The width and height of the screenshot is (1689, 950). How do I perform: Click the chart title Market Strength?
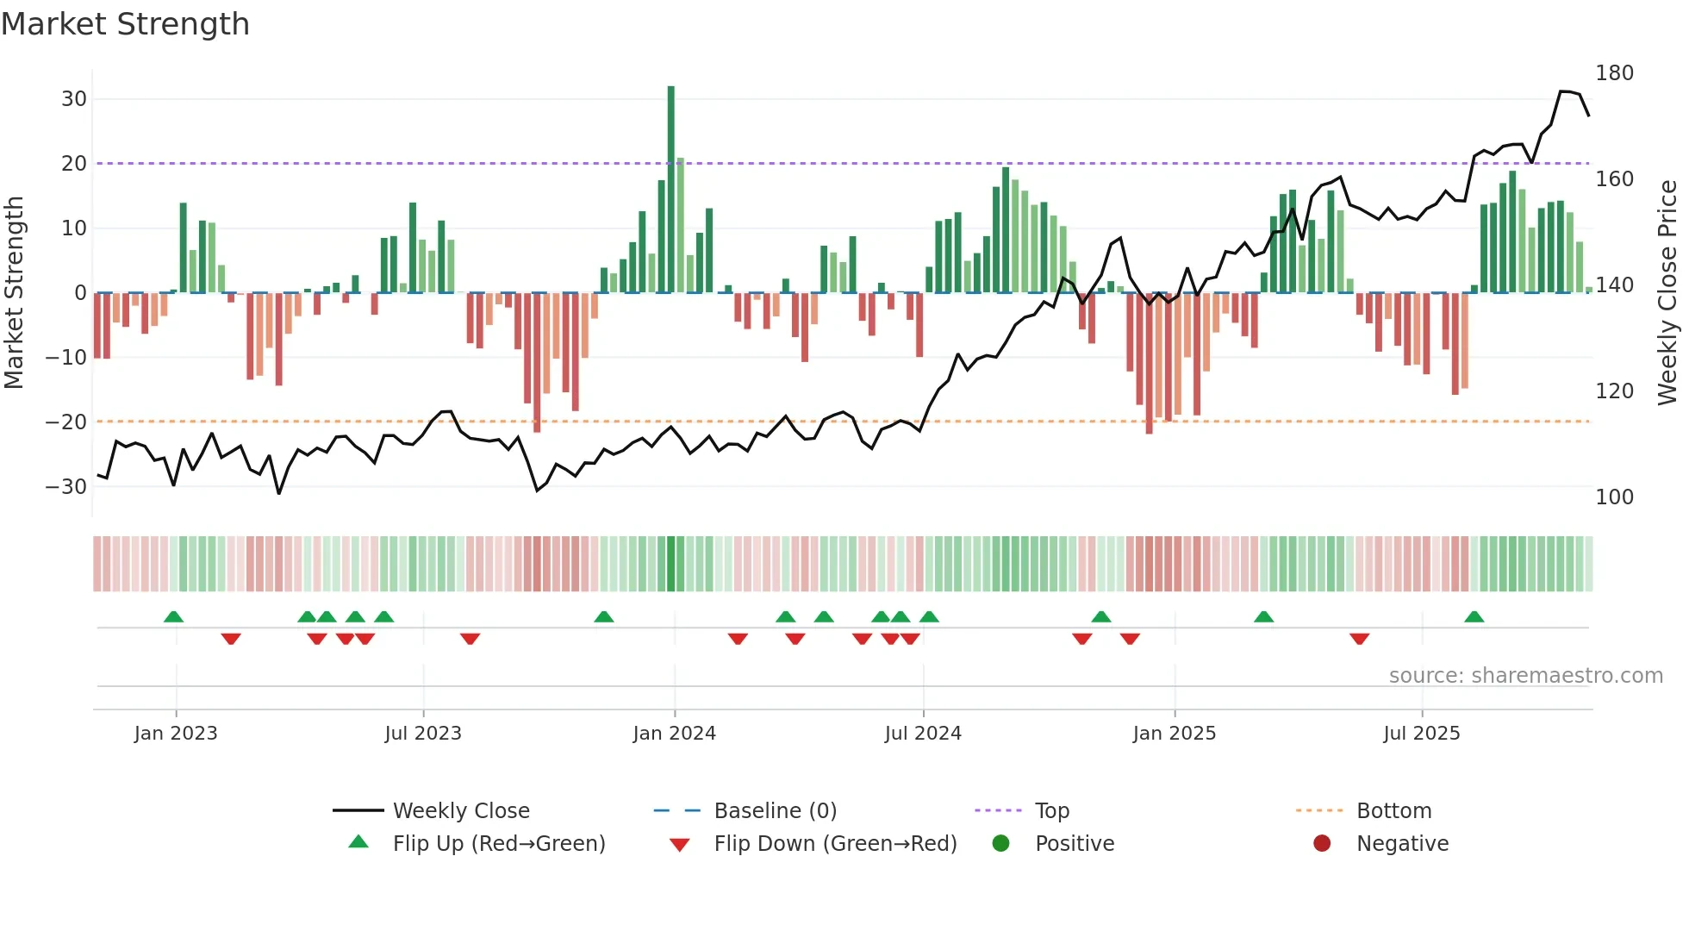coord(125,24)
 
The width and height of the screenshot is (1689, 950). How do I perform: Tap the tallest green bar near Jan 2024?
coord(670,190)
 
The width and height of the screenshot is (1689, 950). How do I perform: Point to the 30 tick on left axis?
coord(74,99)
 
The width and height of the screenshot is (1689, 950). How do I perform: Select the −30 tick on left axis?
coord(67,486)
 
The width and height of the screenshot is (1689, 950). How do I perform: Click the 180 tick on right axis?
coord(1614,73)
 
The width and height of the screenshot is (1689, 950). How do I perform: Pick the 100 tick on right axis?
coord(1614,497)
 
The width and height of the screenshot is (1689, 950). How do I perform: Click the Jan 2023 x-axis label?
coord(176,734)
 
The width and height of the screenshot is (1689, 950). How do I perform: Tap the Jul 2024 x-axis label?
coord(923,734)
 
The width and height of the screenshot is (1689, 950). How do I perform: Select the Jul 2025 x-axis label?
coord(1422,734)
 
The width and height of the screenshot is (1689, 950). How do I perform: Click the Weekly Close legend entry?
coord(461,811)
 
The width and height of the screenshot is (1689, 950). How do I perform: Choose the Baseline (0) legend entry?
coord(775,811)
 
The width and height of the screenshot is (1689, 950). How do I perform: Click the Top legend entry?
coord(1051,811)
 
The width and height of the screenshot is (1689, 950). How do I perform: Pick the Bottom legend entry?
coord(1393,811)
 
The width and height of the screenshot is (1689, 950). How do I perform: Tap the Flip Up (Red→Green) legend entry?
coord(499,844)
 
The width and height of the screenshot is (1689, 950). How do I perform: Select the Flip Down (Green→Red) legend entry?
coord(835,844)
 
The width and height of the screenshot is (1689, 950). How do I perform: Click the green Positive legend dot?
coord(1000,844)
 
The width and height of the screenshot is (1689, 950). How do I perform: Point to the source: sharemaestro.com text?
coord(1525,676)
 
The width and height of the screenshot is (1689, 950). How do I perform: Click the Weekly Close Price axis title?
coord(1667,293)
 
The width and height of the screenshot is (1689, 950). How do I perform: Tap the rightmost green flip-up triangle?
coord(1474,617)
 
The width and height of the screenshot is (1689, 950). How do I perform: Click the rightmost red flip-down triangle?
coord(1359,639)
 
